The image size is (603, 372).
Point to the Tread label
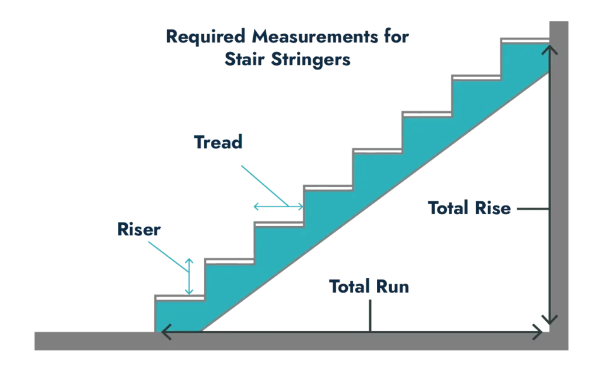(x=218, y=142)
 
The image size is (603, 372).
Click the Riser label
(x=139, y=229)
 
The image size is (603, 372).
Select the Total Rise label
(x=469, y=208)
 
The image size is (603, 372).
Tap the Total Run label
(x=369, y=287)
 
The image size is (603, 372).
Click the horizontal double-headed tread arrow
(x=278, y=207)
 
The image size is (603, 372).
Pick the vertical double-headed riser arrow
(x=189, y=275)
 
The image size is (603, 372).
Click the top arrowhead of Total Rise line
(x=549, y=49)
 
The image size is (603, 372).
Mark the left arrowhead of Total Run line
(x=164, y=333)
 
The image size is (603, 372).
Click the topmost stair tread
(x=524, y=40)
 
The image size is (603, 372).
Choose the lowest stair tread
(x=180, y=297)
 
